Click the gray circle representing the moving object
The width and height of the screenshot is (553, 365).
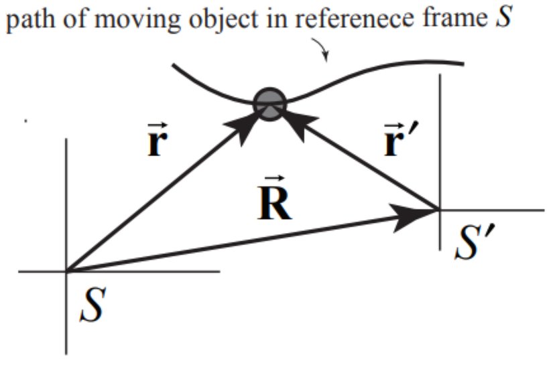point(270,104)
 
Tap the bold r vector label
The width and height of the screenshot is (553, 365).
point(155,143)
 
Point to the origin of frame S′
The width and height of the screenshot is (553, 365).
point(439,210)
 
